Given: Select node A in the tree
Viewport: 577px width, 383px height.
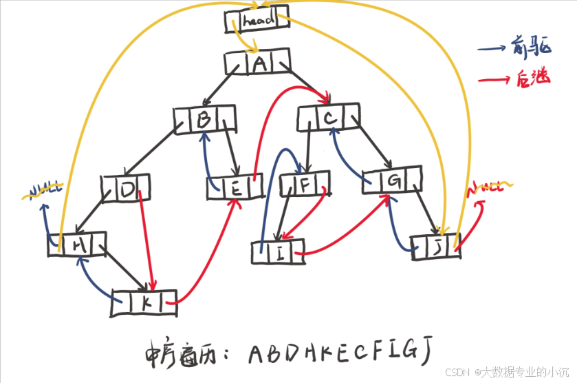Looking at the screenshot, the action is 259,64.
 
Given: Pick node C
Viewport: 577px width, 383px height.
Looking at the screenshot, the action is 329,116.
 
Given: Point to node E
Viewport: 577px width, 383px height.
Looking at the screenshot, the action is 235,187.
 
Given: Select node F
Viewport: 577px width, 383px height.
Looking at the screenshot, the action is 305,185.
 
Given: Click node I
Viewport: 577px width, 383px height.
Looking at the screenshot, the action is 279,252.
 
